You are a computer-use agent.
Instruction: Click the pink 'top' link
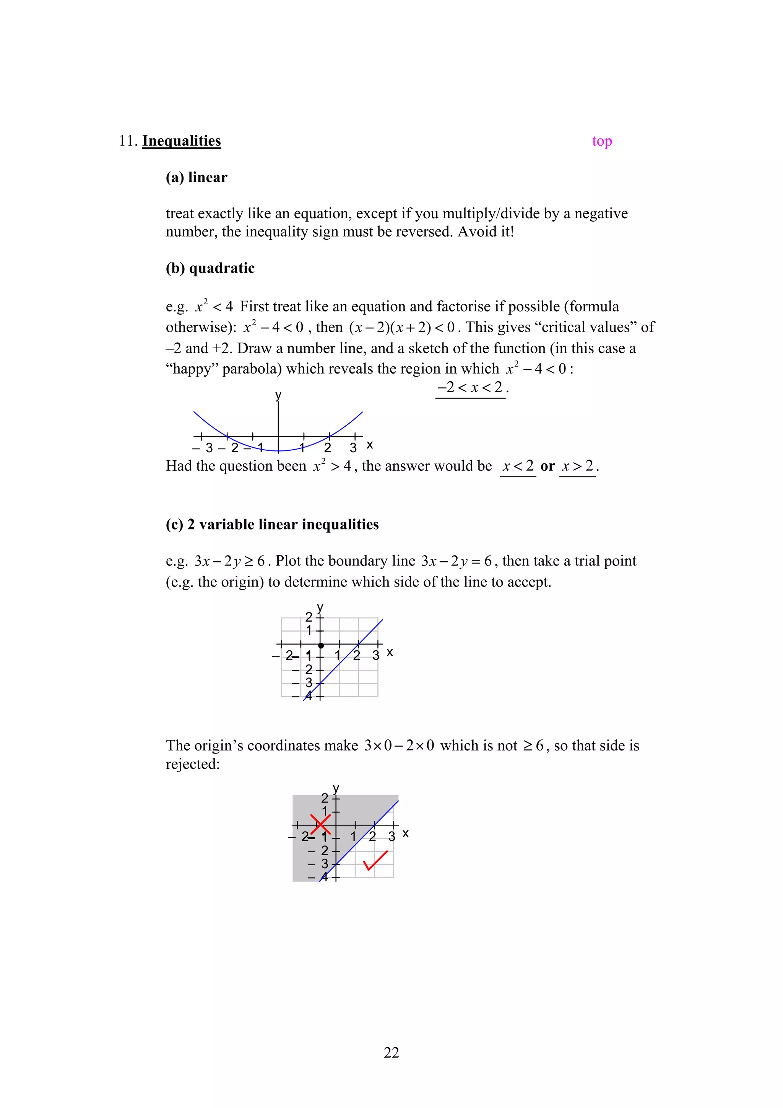click(602, 141)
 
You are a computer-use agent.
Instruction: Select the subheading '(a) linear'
click(197, 177)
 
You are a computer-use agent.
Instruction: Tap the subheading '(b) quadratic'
click(210, 268)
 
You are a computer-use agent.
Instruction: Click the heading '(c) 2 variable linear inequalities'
click(272, 524)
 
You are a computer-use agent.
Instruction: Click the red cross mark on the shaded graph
click(320, 824)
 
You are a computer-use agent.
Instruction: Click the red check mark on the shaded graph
click(375, 860)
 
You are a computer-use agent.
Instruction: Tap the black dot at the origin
click(321, 645)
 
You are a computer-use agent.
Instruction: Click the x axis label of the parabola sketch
click(370, 444)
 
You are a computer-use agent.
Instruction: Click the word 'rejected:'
click(192, 764)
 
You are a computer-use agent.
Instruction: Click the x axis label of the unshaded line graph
click(390, 652)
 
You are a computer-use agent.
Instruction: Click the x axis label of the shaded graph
click(405, 833)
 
